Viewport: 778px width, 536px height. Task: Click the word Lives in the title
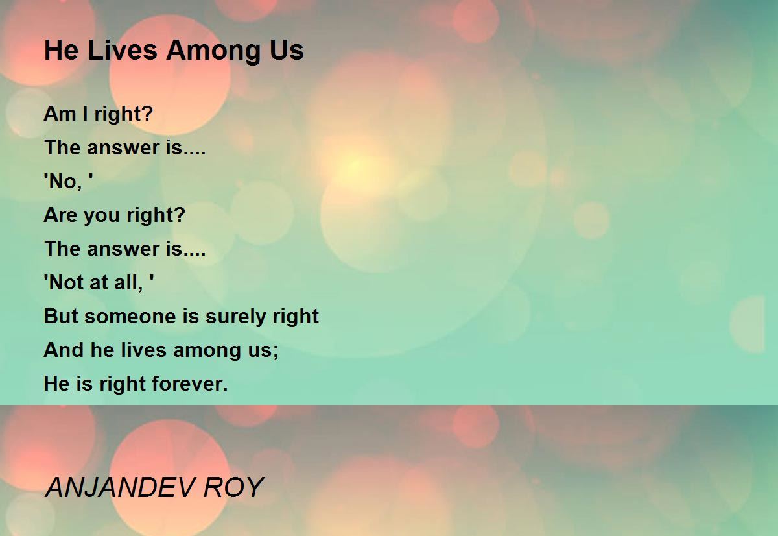click(x=123, y=50)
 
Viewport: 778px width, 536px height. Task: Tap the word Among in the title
click(x=213, y=52)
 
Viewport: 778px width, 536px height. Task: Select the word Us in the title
click(x=287, y=51)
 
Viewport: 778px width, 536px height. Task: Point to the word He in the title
click(x=62, y=50)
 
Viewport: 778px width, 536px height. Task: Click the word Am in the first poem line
click(x=60, y=114)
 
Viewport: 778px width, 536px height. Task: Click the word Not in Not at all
click(x=66, y=282)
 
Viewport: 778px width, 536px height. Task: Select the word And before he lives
click(x=64, y=350)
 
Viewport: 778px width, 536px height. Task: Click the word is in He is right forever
click(x=84, y=384)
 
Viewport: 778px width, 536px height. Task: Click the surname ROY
click(x=233, y=487)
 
